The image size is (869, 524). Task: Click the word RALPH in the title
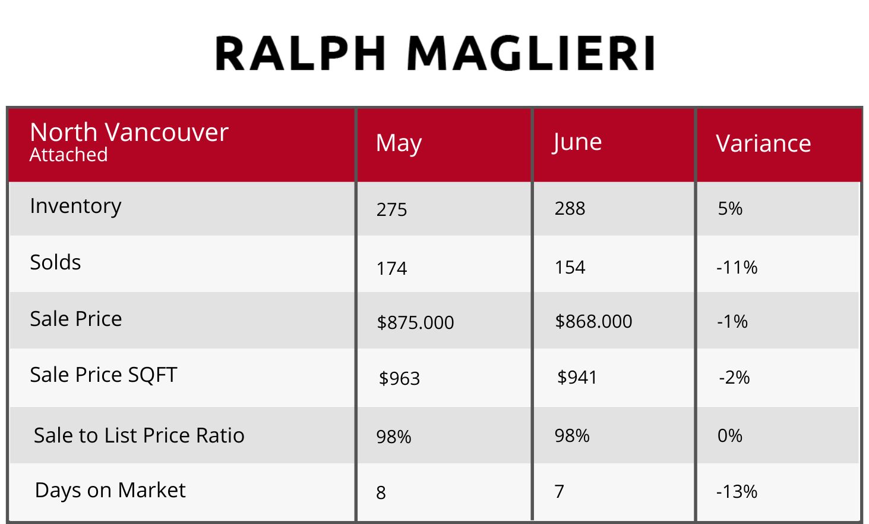[301, 53]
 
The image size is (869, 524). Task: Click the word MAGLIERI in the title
[531, 53]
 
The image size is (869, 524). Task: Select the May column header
[399, 144]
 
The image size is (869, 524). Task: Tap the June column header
[577, 142]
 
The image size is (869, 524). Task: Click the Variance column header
[763, 143]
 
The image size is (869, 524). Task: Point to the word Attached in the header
[69, 155]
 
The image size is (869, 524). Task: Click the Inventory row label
[75, 206]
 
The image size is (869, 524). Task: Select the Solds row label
[55, 262]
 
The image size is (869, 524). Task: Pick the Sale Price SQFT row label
[103, 375]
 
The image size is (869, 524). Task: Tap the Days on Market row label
[110, 490]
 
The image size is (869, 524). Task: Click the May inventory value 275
[392, 210]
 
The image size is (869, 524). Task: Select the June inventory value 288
[570, 209]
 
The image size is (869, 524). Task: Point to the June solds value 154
[570, 268]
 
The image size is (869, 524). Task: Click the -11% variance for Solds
[737, 268]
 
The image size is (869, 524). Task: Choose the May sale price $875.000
[415, 322]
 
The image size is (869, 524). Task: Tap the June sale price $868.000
[593, 322]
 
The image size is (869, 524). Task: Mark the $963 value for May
[400, 378]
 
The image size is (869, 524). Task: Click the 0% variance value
[730, 436]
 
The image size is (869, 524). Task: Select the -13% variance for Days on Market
[737, 492]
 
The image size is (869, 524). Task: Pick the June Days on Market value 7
[560, 492]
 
